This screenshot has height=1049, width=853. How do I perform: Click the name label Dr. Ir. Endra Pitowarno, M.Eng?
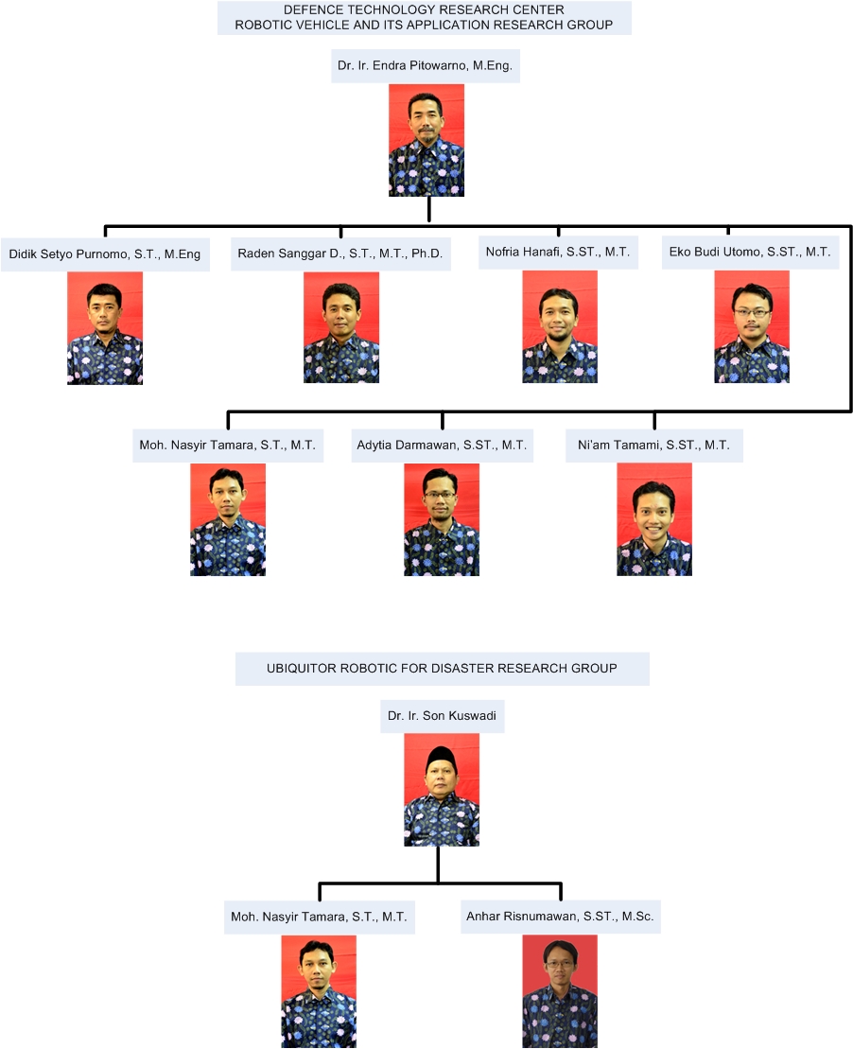tap(425, 65)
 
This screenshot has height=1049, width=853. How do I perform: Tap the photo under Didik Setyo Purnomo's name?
tap(105, 328)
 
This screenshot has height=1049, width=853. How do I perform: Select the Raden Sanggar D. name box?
tap(340, 254)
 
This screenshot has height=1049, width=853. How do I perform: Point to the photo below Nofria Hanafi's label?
tap(560, 326)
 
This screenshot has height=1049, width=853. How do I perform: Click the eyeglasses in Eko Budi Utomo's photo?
tap(751, 312)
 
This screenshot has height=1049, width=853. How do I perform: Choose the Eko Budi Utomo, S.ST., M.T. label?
tap(750, 253)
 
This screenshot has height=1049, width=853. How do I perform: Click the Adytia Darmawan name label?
tap(442, 445)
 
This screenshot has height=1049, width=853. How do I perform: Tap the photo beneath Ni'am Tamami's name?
tap(654, 519)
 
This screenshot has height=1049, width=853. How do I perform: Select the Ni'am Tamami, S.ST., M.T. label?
tap(654, 445)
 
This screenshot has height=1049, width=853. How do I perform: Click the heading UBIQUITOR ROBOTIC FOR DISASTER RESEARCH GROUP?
tap(443, 669)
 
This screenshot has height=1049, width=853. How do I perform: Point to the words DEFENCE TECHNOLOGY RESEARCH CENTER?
tap(425, 10)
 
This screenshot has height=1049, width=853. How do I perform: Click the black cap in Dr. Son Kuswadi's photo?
tap(441, 756)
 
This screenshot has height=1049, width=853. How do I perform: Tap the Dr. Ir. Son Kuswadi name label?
tap(443, 716)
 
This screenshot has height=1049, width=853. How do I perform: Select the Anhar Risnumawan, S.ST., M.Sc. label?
tap(560, 917)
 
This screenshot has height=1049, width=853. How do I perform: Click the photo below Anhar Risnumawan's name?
tap(560, 991)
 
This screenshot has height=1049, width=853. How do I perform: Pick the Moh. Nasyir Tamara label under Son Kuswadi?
tap(319, 918)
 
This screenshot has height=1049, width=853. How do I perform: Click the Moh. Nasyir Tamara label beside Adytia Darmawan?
tap(228, 446)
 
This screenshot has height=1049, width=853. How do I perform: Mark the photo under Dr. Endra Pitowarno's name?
tap(426, 141)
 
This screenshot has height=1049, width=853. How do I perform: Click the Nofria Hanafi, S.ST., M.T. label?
tap(558, 253)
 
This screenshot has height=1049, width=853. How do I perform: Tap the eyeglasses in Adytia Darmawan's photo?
tap(441, 496)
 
